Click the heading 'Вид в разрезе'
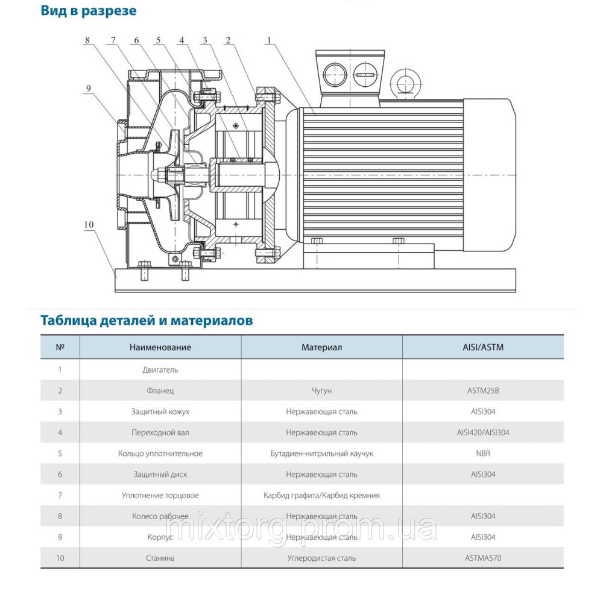point(89,11)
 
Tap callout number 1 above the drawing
point(269,41)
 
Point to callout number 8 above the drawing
point(87,41)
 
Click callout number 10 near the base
point(89,225)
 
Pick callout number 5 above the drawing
point(158,41)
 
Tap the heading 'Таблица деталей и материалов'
point(147,320)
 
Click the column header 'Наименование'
point(160,347)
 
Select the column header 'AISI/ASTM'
point(483,347)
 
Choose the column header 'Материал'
point(322,347)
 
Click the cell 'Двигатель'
point(160,370)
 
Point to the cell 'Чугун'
point(322,391)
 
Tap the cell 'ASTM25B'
point(483,391)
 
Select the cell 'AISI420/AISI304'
point(483,432)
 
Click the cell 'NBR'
point(483,453)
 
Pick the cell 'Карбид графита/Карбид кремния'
point(322,496)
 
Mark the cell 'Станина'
point(160,558)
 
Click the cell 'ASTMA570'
point(483,558)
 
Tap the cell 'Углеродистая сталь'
point(322,558)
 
